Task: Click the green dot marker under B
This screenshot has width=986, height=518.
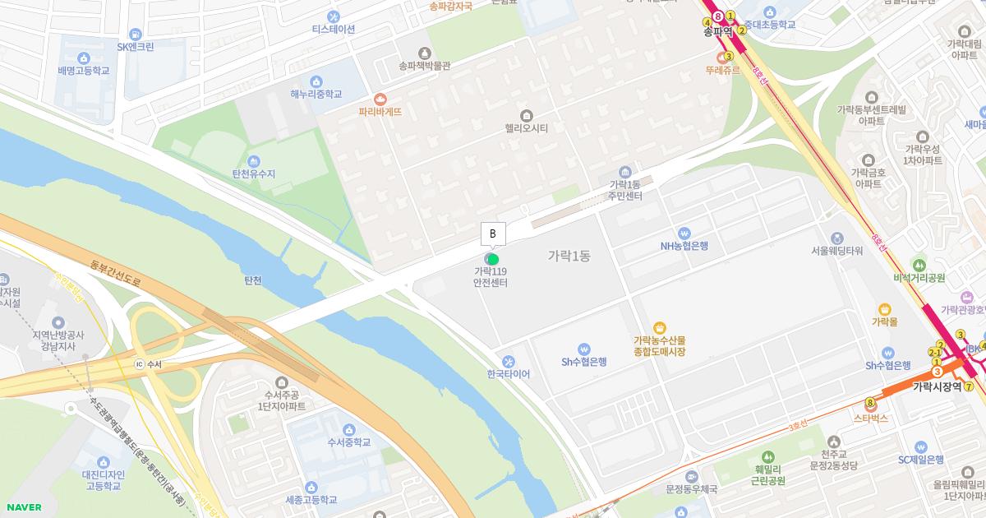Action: (493, 260)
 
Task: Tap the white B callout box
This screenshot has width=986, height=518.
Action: (493, 234)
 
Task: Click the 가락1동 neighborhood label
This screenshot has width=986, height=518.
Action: (569, 256)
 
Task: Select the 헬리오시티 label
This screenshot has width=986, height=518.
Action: (527, 127)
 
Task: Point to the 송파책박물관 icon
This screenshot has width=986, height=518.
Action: (425, 52)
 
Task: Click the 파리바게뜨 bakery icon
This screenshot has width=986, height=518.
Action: (380, 98)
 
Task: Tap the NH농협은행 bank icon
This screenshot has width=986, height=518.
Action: (684, 233)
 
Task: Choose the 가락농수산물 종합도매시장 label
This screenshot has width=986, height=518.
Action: (659, 346)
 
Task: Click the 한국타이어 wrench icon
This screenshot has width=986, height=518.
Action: (509, 361)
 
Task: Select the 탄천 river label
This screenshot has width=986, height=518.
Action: (253, 280)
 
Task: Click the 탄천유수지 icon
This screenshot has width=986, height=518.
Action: (254, 161)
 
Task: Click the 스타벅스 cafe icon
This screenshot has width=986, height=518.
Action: (871, 405)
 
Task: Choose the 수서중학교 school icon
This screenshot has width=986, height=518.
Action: (349, 429)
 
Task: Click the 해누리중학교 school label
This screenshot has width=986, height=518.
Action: (316, 95)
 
